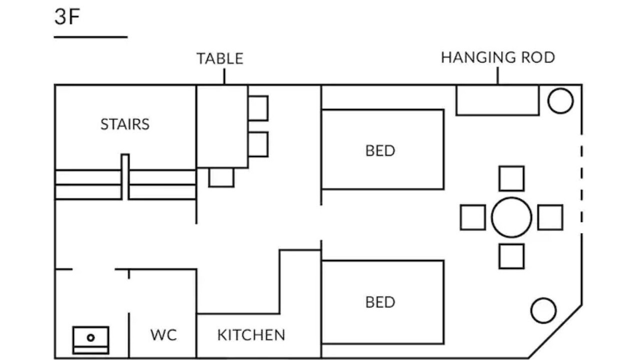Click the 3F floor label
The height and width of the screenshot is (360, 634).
point(67,16)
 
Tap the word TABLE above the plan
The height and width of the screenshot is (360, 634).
point(220,58)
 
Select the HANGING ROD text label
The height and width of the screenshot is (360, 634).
point(498,57)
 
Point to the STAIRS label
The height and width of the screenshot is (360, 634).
point(125,124)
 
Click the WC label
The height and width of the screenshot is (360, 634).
point(163,335)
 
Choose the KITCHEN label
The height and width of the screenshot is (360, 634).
point(251,335)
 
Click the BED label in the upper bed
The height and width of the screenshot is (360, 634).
point(380,150)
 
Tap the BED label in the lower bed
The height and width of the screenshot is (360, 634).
point(380,302)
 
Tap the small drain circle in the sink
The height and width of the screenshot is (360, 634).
point(90,337)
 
